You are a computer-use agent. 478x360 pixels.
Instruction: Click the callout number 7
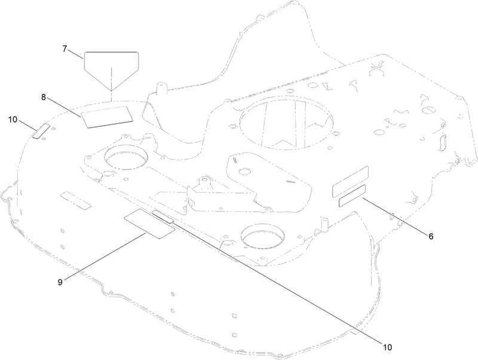click(65, 49)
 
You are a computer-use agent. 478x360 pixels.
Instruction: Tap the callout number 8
click(44, 97)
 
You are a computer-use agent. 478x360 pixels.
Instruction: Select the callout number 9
click(60, 282)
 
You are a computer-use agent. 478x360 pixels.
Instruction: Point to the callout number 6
click(431, 236)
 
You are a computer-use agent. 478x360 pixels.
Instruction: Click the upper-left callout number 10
click(13, 120)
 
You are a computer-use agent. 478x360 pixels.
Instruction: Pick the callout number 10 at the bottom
click(387, 347)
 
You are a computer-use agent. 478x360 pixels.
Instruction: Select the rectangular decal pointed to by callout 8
click(107, 117)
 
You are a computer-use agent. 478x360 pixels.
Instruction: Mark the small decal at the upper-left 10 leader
click(41, 132)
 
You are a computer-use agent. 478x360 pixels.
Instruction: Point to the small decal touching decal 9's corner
click(163, 216)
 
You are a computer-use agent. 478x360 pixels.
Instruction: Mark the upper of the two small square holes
click(234, 316)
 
